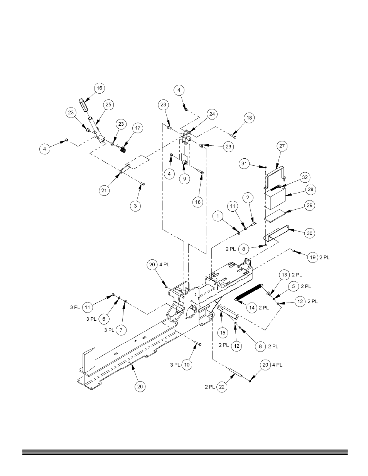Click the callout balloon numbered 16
point(99,88)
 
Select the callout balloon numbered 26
point(140,387)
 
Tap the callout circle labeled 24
point(212,114)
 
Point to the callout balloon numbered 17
point(138,128)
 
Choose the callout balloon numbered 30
point(309,233)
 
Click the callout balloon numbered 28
point(311,190)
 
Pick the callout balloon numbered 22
point(222,387)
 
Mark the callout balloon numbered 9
point(184,179)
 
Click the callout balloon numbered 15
point(223,333)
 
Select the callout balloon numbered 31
point(244,164)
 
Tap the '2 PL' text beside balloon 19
point(324,257)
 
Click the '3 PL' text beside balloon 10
point(175,365)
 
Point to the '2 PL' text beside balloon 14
point(264,308)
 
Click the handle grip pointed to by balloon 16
point(83,106)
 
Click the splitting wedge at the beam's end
point(89,360)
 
